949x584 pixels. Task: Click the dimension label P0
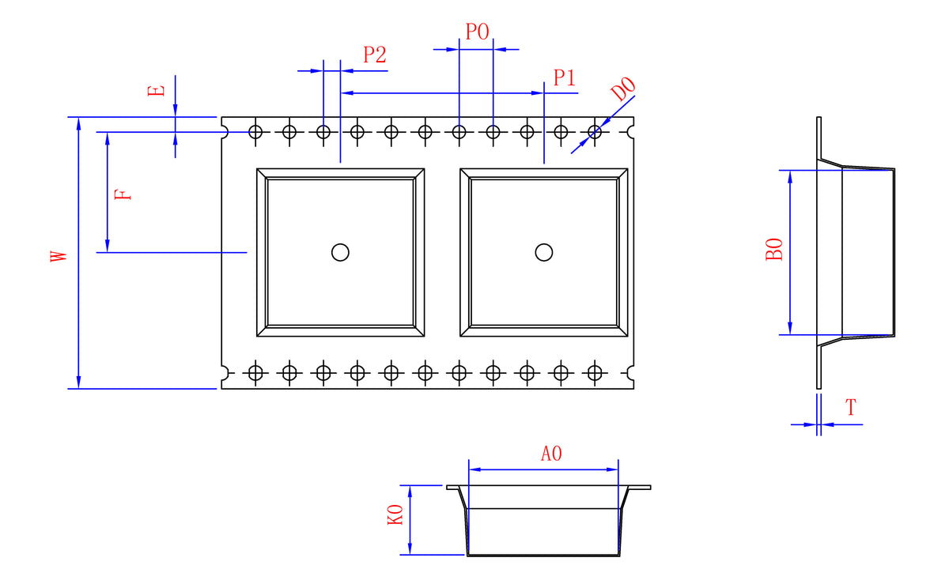coord(477,32)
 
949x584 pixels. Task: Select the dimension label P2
coord(375,55)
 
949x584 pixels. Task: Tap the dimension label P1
coord(565,77)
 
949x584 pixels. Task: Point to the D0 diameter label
coord(623,89)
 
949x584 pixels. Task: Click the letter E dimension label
coord(156,91)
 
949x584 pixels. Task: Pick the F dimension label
coord(123,194)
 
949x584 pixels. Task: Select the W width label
coord(59,256)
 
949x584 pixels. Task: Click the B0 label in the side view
coord(774,249)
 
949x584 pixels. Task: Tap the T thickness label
coord(851,408)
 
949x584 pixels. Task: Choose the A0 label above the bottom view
coord(551,454)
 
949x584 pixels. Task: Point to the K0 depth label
coord(395,514)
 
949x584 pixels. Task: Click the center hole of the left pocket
coord(340,252)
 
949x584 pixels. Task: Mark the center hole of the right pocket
coord(544,252)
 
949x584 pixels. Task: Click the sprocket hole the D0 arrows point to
coord(595,132)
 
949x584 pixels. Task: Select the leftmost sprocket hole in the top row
coord(255,132)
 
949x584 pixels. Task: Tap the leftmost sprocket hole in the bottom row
coord(255,373)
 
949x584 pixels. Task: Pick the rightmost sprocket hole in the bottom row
coord(595,373)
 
